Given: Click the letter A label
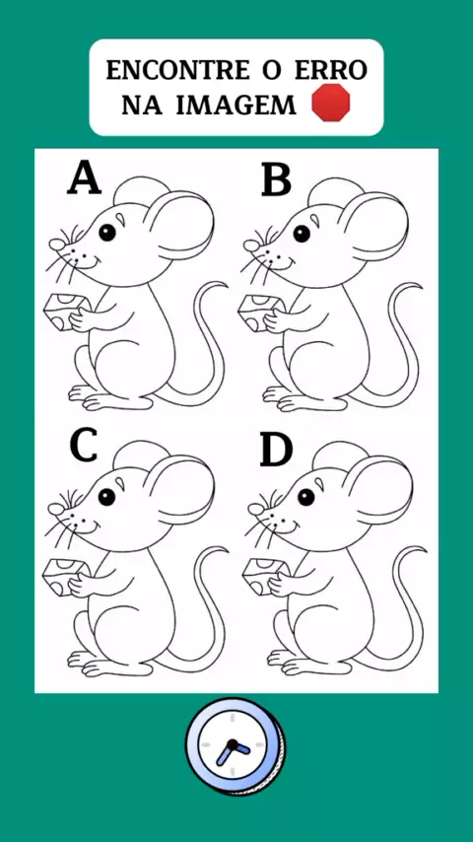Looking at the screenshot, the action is pos(85,178).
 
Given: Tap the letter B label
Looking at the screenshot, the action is pos(277,179).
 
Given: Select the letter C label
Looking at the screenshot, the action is pos(84,446).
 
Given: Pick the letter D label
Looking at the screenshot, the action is pos(277,450).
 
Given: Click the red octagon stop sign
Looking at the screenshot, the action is pos(331,102).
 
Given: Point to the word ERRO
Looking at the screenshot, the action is pos(331,70).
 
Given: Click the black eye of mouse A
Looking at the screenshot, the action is pos(107,232).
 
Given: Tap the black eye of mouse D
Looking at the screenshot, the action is pos(306,497).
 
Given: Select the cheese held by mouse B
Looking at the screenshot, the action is pos(262,312).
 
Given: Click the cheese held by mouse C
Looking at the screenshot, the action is pos(65,576).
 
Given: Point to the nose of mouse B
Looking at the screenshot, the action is pos(250,246).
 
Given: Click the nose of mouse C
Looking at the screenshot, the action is pos(56,509).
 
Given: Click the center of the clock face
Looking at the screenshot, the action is pos(233,744).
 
